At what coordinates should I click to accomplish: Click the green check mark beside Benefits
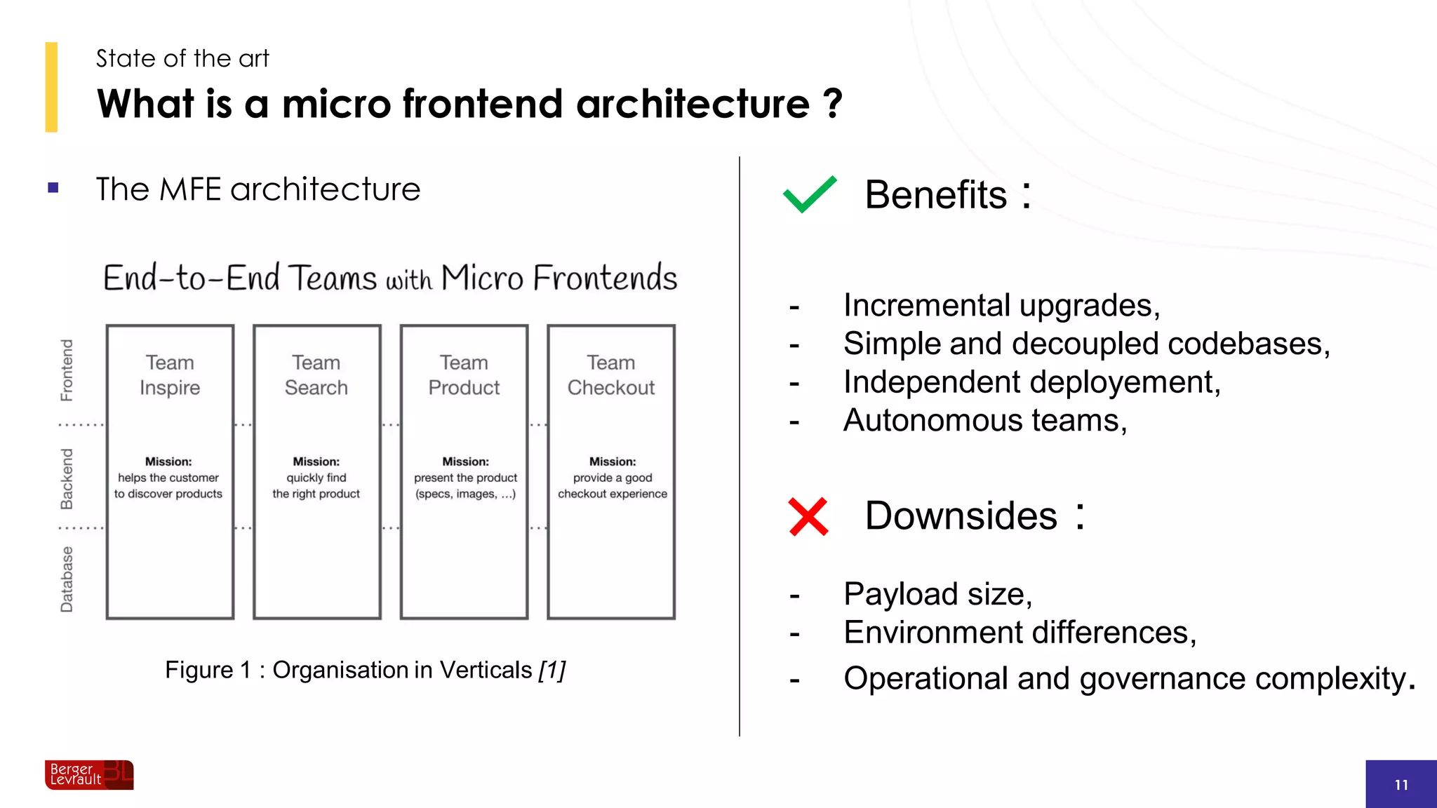coord(810,194)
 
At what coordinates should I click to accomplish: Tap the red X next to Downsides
coord(808,517)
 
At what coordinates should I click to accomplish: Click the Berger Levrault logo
coord(89,775)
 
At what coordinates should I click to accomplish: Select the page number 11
coord(1401,785)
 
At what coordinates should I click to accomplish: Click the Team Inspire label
coord(170,375)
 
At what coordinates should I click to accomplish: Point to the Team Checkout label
coord(611,375)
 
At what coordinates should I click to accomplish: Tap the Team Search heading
coord(316,375)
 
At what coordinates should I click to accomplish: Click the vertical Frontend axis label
coord(67,370)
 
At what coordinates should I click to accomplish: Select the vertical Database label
coord(67,579)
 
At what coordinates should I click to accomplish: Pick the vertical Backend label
coord(67,478)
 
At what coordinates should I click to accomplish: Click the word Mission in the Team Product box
coord(465,462)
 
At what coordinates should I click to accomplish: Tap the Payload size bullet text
coord(937,594)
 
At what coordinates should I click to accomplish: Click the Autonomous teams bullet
coord(985,421)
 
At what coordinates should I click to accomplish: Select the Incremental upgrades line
coord(1001,306)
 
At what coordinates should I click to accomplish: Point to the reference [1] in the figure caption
coord(552,671)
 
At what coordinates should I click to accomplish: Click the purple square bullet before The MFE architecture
coord(53,188)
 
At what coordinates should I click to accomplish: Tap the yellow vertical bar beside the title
coord(51,87)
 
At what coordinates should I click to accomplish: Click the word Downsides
coord(961,516)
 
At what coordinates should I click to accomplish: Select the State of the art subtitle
coord(182,58)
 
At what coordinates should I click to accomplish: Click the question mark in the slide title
coord(832,104)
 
